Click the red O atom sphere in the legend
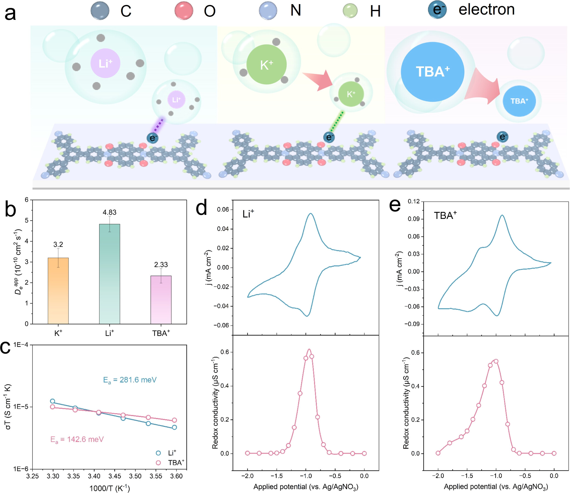click(x=184, y=10)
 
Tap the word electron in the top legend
click(x=486, y=10)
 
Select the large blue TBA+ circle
click(x=432, y=72)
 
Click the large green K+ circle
click(x=266, y=65)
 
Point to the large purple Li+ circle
click(x=105, y=63)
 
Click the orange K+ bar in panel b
click(x=58, y=291)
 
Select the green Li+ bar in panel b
click(x=109, y=274)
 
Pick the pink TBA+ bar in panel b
click(x=161, y=300)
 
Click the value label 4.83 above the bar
click(x=109, y=212)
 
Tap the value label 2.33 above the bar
click(x=161, y=265)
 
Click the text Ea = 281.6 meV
click(x=130, y=380)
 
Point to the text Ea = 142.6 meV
click(x=77, y=439)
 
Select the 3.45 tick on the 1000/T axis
click(x=115, y=476)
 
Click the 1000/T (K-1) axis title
click(x=109, y=488)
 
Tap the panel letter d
click(x=201, y=208)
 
